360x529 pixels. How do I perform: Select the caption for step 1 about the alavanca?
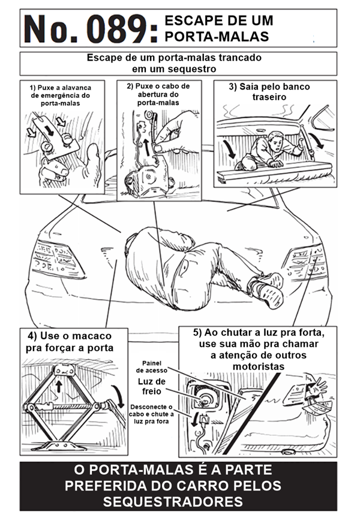coord(60,95)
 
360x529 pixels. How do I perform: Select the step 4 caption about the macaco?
coord(69,342)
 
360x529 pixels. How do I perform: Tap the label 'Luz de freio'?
coord(151,387)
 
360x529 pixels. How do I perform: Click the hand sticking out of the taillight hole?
coord(314,387)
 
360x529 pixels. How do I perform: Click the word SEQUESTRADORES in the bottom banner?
coord(179,501)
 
